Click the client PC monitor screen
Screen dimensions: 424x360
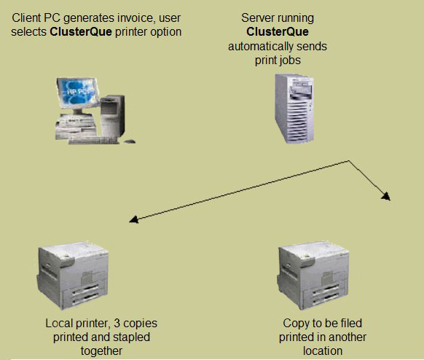point(78,93)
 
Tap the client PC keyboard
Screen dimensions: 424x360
point(93,141)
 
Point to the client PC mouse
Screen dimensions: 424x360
point(130,141)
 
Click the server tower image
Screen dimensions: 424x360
point(294,109)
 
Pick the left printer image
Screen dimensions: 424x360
point(73,275)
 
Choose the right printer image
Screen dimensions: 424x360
point(313,275)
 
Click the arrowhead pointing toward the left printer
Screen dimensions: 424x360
point(134,219)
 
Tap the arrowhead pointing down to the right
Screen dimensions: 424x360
point(386,196)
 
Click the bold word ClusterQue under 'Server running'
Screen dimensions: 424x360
point(278,31)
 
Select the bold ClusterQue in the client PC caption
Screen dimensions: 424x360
point(81,31)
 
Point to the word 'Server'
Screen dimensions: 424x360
point(256,17)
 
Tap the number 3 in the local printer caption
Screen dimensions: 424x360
point(117,323)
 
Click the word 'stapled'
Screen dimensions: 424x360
point(131,337)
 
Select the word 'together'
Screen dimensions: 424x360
point(101,351)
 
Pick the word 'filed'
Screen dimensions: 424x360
point(351,323)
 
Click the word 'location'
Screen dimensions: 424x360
point(323,351)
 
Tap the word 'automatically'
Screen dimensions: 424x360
point(259,47)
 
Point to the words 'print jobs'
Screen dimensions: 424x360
point(278,60)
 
